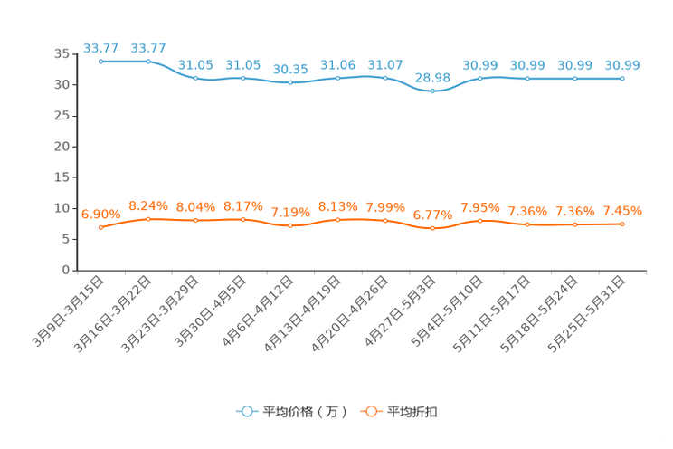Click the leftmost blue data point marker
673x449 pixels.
tap(101, 62)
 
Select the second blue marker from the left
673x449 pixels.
tap(148, 62)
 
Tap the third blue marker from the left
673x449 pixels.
tap(195, 79)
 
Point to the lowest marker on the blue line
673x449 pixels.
tap(433, 91)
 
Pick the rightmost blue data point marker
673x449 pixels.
tap(622, 79)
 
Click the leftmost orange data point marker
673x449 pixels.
tap(101, 228)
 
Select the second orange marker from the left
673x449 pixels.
tap(148, 218)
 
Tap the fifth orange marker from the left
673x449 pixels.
tap(290, 225)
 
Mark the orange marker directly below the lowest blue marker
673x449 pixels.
tap(433, 229)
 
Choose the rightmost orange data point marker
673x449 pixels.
tap(622, 224)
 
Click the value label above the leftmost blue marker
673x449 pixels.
tap(100, 48)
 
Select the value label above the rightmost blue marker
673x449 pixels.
tap(622, 65)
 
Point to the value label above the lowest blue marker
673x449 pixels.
tap(434, 77)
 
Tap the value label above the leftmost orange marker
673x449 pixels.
tap(100, 215)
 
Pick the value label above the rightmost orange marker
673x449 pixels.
tap(622, 210)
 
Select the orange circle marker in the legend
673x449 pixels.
tap(371, 411)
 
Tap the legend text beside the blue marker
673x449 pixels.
tap(305, 412)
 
